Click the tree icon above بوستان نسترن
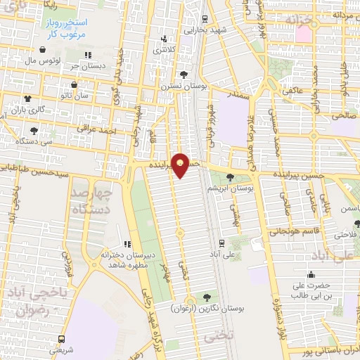[184, 75]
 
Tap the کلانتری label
[164, 51]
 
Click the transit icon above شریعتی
[62, 338]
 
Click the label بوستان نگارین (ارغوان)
[206, 308]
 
